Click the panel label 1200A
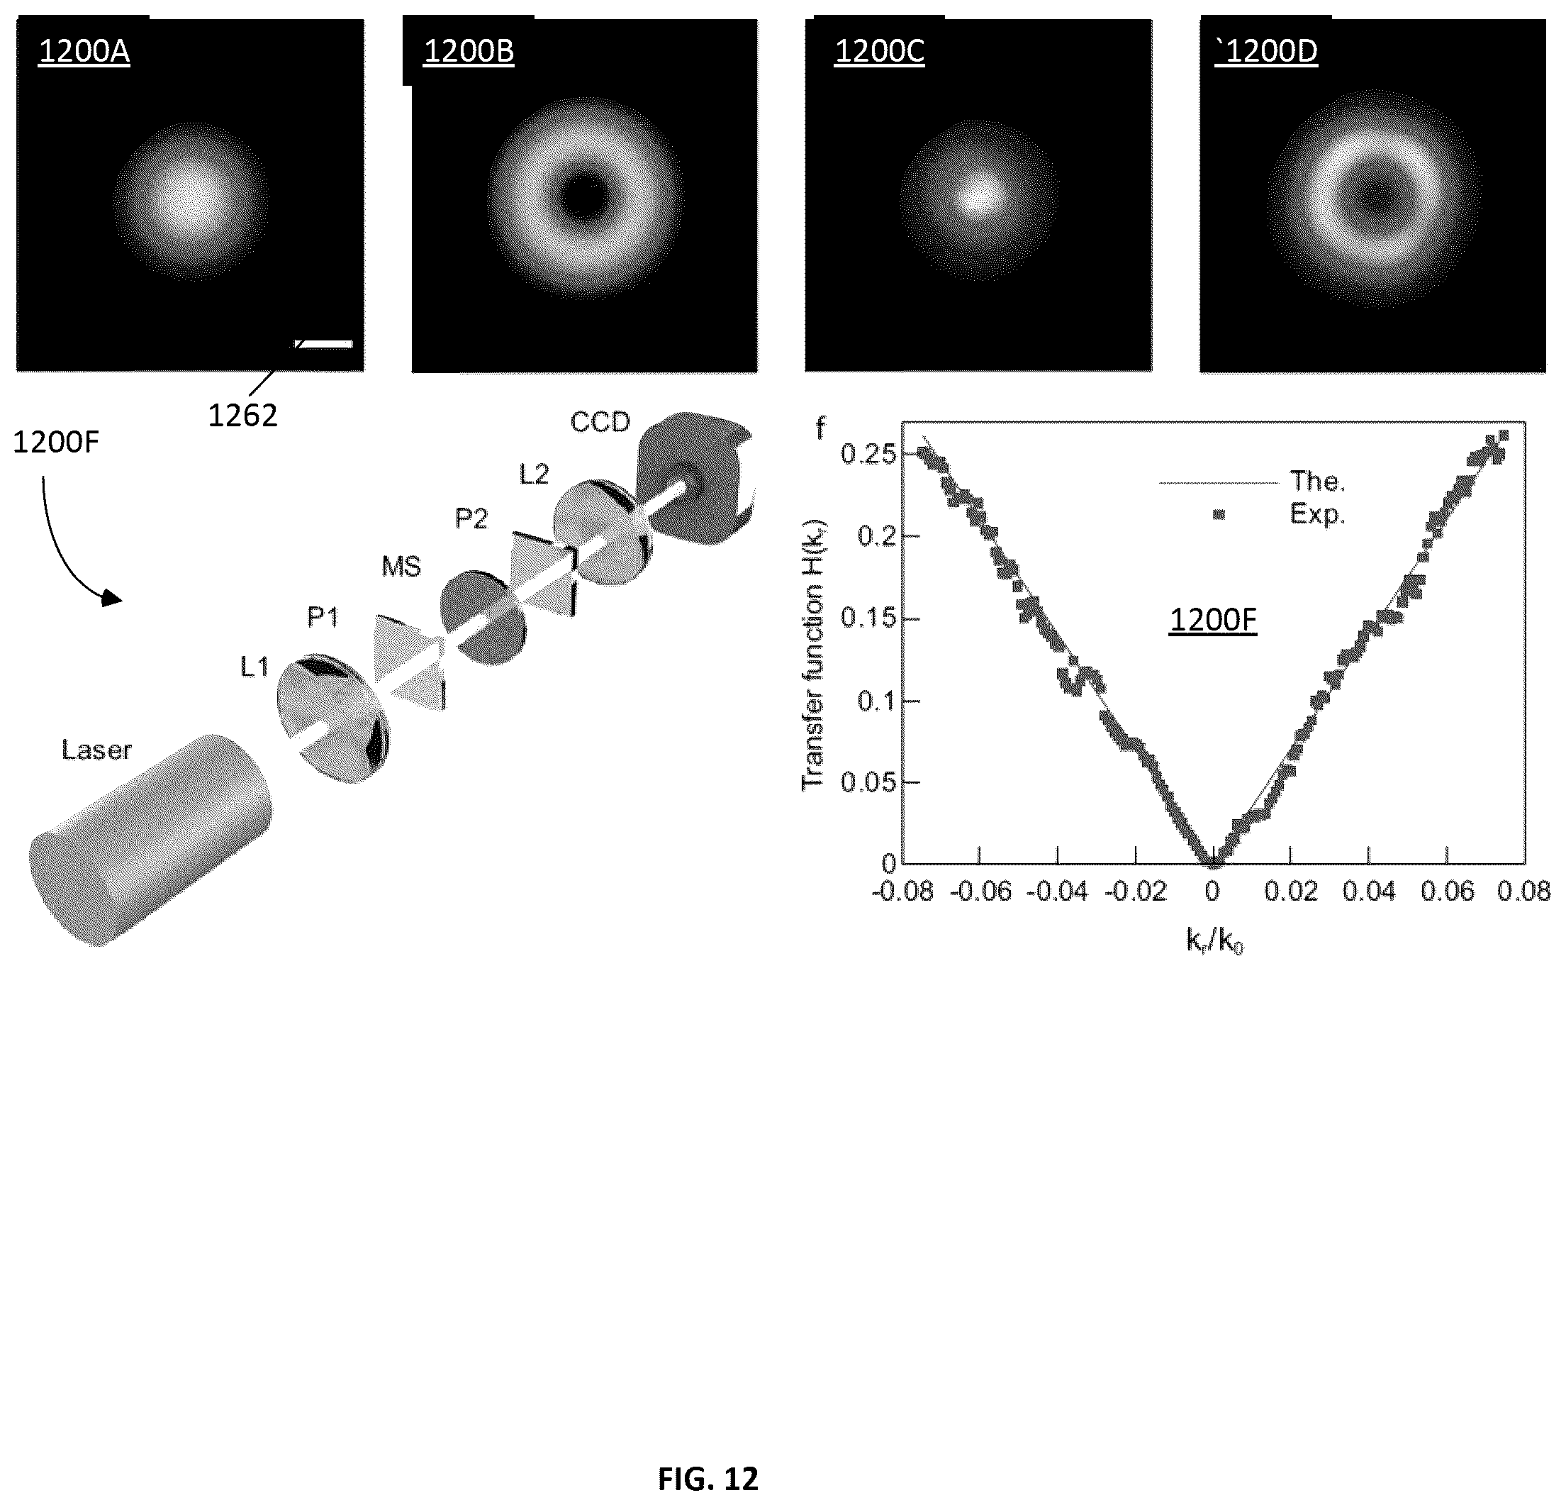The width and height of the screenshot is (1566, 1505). pyautogui.click(x=84, y=51)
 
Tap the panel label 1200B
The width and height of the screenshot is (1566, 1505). pyautogui.click(x=468, y=51)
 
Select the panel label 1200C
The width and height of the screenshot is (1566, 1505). pyautogui.click(x=879, y=51)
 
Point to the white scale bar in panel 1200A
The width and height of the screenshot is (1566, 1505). pyautogui.click(x=323, y=344)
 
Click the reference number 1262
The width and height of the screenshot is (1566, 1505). pyautogui.click(x=243, y=416)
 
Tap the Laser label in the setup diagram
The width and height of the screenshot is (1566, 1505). pyautogui.click(x=96, y=750)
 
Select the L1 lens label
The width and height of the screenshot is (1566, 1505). pyautogui.click(x=255, y=667)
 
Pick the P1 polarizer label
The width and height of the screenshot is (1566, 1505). pyautogui.click(x=323, y=617)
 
